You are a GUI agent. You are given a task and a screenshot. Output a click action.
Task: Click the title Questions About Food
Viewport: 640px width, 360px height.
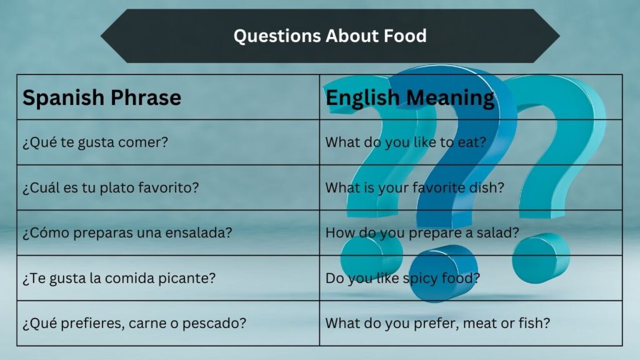click(330, 36)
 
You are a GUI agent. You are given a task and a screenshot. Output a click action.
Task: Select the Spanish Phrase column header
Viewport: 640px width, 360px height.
click(102, 97)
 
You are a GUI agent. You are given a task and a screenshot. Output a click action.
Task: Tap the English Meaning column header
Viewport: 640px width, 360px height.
click(410, 97)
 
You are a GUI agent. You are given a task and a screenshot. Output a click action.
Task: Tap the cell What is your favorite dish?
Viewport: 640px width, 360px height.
click(414, 187)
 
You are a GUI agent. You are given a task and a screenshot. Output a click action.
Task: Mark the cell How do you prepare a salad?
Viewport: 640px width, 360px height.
click(422, 232)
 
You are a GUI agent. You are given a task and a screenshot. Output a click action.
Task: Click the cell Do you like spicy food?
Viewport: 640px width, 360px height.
click(402, 278)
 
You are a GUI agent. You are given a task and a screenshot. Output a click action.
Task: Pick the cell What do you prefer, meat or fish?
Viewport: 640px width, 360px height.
click(437, 324)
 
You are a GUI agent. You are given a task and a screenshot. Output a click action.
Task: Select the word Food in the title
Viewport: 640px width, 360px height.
click(404, 36)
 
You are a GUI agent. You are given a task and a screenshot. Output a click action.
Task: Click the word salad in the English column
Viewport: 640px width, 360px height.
click(500, 232)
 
